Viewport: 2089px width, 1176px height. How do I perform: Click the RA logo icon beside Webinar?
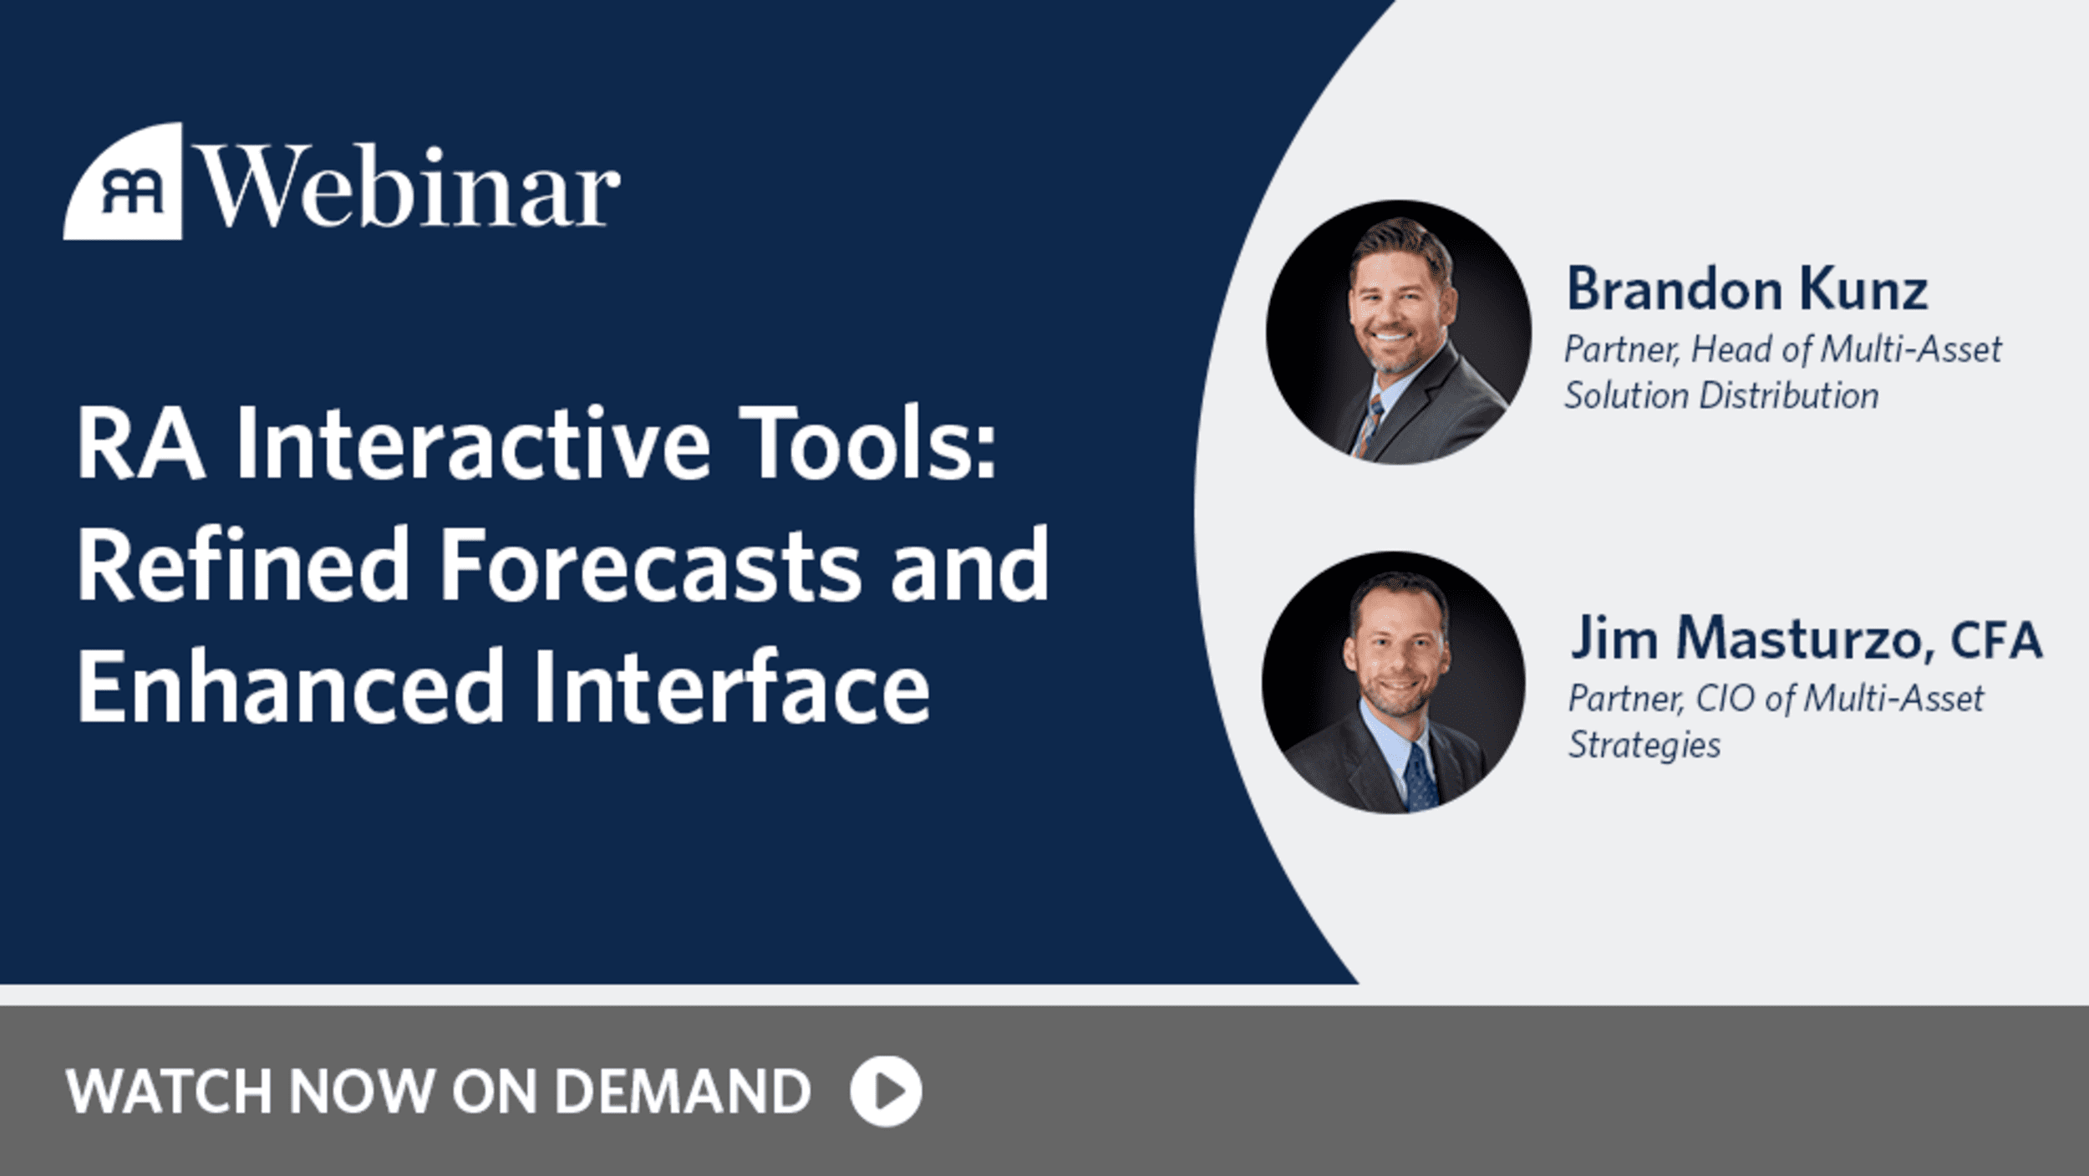pyautogui.click(x=124, y=181)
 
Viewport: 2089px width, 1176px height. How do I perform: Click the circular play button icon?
pyautogui.click(x=886, y=1091)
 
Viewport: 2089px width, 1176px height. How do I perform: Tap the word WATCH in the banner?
pyautogui.click(x=169, y=1092)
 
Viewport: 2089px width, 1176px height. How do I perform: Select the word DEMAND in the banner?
pyautogui.click(x=683, y=1092)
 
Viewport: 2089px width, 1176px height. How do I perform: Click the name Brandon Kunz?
pyautogui.click(x=1747, y=289)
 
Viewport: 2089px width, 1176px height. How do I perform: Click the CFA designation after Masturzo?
pyautogui.click(x=1996, y=640)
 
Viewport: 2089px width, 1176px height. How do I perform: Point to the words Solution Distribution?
pyautogui.click(x=1721, y=395)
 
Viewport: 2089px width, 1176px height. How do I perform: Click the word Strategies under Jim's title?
pyautogui.click(x=1644, y=745)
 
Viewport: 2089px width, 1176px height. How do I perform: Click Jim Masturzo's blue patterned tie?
pyautogui.click(x=1421, y=777)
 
